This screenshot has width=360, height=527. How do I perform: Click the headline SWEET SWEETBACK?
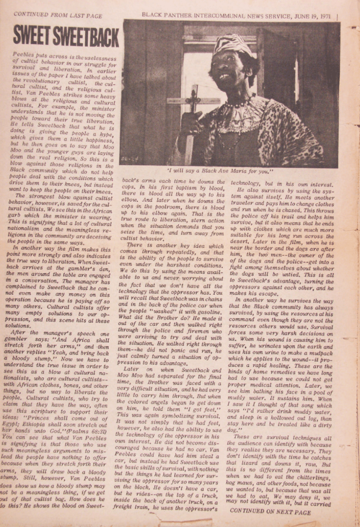(x=65, y=36)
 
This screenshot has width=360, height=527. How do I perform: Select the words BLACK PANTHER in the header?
(x=166, y=15)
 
